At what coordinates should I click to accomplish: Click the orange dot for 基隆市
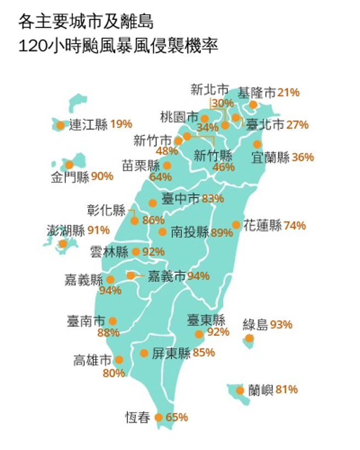tap(253, 105)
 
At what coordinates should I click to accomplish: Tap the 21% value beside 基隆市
tap(289, 93)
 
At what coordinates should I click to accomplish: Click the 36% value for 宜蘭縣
tap(303, 157)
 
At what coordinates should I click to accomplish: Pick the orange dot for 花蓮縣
tap(236, 225)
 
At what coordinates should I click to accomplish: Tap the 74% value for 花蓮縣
tap(295, 226)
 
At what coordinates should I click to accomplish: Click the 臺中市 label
tap(181, 199)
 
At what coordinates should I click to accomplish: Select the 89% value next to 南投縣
tap(222, 233)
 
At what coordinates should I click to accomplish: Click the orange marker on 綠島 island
tap(250, 339)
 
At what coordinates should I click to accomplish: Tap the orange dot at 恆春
tap(159, 418)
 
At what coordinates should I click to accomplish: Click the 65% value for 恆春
tap(177, 418)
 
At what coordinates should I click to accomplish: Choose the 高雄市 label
tap(92, 361)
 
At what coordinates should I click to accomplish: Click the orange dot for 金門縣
tap(69, 165)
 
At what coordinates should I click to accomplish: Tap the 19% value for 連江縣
tap(121, 124)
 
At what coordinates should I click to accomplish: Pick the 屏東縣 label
tap(171, 353)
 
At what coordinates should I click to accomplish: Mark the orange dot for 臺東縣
tap(199, 334)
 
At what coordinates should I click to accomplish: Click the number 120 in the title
tap(31, 46)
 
